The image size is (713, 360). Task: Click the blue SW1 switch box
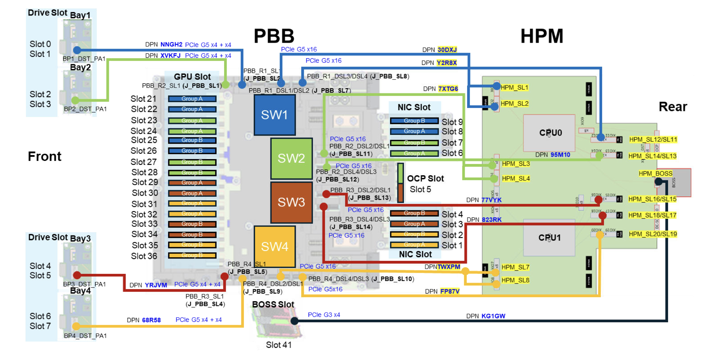coord(275,115)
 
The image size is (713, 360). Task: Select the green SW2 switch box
coord(291,158)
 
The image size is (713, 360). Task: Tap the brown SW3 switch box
coord(291,202)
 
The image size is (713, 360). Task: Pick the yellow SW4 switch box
coord(275,247)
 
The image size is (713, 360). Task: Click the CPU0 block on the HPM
coord(550,133)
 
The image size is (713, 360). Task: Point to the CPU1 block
coord(549,238)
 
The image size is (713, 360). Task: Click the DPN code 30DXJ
coord(447,50)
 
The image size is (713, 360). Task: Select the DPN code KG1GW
coord(493,316)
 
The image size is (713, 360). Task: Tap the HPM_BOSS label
coord(655,173)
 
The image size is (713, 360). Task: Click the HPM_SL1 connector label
coord(514,87)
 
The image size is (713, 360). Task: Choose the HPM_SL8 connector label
coord(515,280)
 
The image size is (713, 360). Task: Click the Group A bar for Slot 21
coord(192,99)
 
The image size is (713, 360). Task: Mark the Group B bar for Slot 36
coord(192,255)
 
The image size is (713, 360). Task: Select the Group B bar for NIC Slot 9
coord(414,121)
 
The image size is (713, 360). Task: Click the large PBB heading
coord(274,36)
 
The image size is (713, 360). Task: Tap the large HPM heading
coord(542,36)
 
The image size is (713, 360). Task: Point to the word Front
coord(45,156)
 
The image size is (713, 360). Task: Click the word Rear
coord(673,107)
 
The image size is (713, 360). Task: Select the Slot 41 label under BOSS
coord(278,345)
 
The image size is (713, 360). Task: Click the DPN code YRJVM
coord(156,285)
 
